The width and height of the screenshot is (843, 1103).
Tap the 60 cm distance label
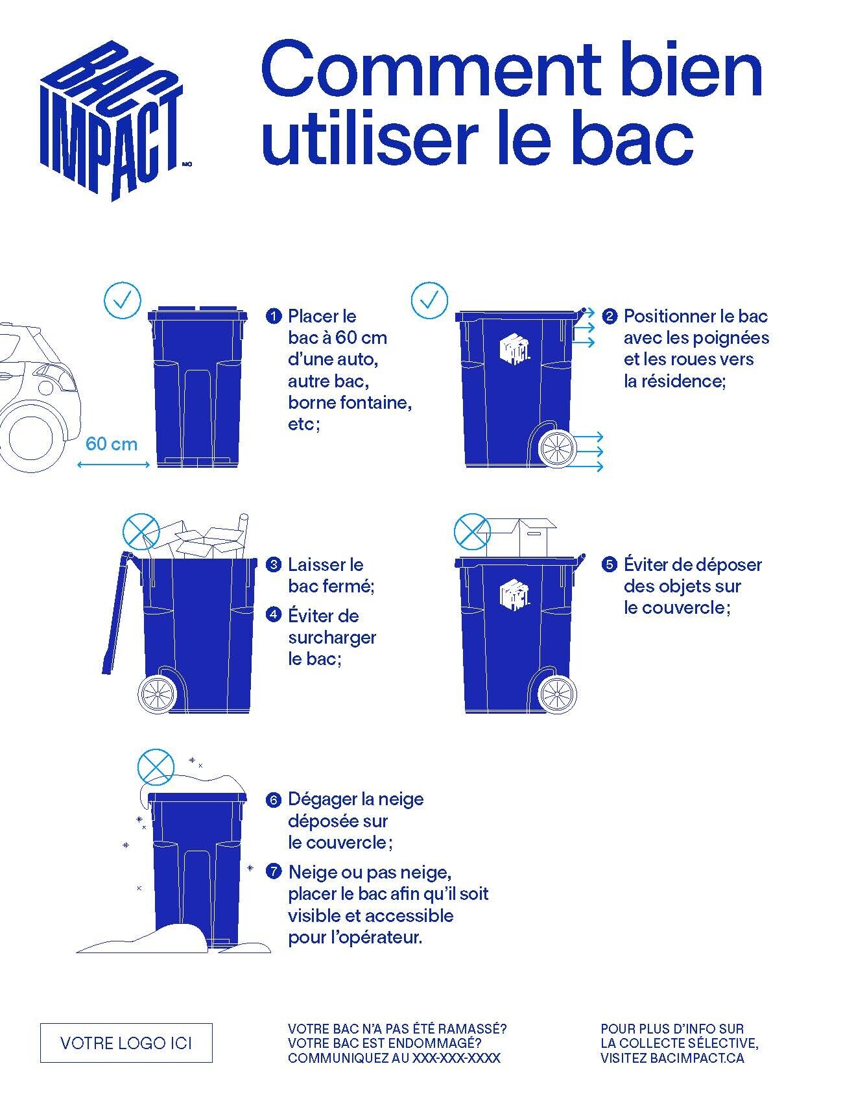click(112, 444)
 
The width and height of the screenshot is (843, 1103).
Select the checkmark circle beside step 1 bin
click(123, 300)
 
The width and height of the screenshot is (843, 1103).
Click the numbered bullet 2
click(609, 317)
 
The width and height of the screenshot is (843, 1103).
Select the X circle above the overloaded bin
click(141, 532)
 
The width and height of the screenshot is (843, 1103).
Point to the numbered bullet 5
click(609, 564)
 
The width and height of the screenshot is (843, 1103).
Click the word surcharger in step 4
click(332, 638)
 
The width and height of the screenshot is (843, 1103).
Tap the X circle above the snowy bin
click(156, 768)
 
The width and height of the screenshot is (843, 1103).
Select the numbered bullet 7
click(274, 872)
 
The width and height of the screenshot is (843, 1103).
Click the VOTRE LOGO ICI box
click(126, 1043)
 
